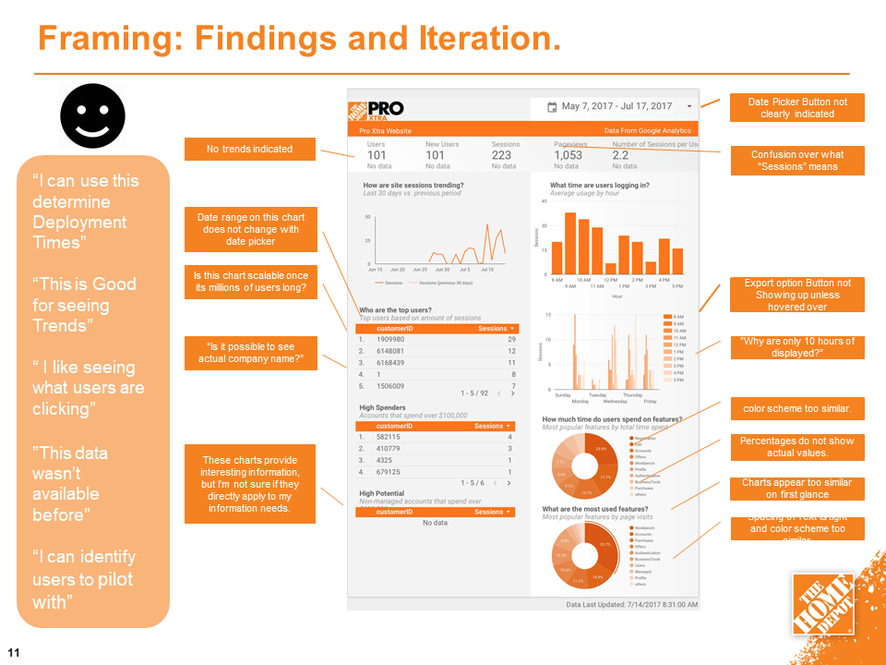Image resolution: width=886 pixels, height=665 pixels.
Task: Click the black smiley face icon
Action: coord(93,115)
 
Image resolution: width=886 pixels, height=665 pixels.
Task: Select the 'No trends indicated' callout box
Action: coord(250,149)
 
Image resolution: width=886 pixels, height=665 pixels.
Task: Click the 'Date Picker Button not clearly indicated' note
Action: coord(797,107)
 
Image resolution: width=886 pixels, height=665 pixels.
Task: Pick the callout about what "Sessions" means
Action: coord(797,161)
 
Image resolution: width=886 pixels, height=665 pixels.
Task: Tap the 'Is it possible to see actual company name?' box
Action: coord(250,352)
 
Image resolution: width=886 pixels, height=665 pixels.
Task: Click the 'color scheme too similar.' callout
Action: coord(797,408)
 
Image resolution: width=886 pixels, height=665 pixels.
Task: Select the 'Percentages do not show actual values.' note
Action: coord(797,447)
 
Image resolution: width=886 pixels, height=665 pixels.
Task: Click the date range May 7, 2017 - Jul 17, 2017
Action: coord(617,106)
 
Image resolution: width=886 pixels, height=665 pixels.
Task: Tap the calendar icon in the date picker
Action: coord(552,107)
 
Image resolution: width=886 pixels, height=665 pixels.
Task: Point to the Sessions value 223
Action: coord(503,155)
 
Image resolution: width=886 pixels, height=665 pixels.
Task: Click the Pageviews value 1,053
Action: coord(569,155)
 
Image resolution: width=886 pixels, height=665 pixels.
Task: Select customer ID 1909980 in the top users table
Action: coord(391,339)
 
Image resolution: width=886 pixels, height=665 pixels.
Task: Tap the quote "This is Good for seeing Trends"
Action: coord(84,305)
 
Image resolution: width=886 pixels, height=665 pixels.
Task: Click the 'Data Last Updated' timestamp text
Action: coord(632,604)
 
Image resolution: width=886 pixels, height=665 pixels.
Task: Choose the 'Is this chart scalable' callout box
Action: coord(250,282)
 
